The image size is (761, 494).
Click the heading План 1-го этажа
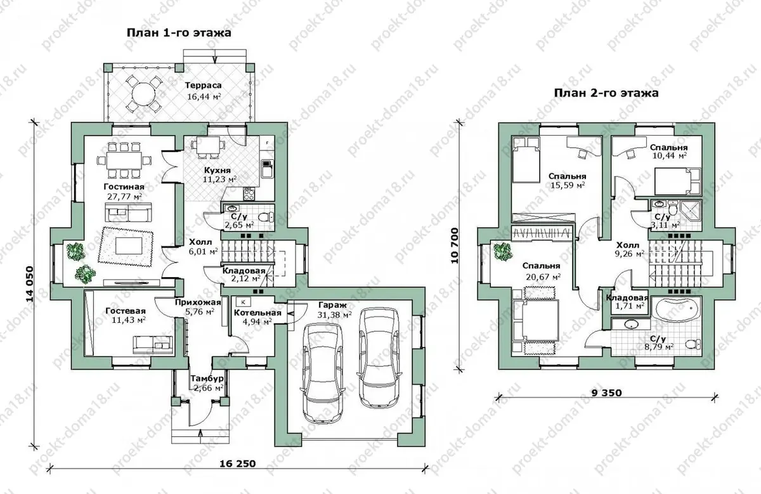179,33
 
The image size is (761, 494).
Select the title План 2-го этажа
606,93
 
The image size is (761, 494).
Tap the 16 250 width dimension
237,464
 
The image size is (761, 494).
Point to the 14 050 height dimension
30,284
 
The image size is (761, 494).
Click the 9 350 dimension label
607,393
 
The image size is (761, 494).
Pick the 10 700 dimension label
455,245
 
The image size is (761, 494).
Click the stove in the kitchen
249,194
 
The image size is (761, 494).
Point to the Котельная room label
258,313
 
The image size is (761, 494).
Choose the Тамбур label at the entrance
207,379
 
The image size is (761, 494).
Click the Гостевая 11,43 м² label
126,315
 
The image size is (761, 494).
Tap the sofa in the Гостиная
128,212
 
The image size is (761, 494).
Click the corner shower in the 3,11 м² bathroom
691,211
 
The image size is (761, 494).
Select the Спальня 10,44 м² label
668,152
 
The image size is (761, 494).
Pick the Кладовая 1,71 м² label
627,302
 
